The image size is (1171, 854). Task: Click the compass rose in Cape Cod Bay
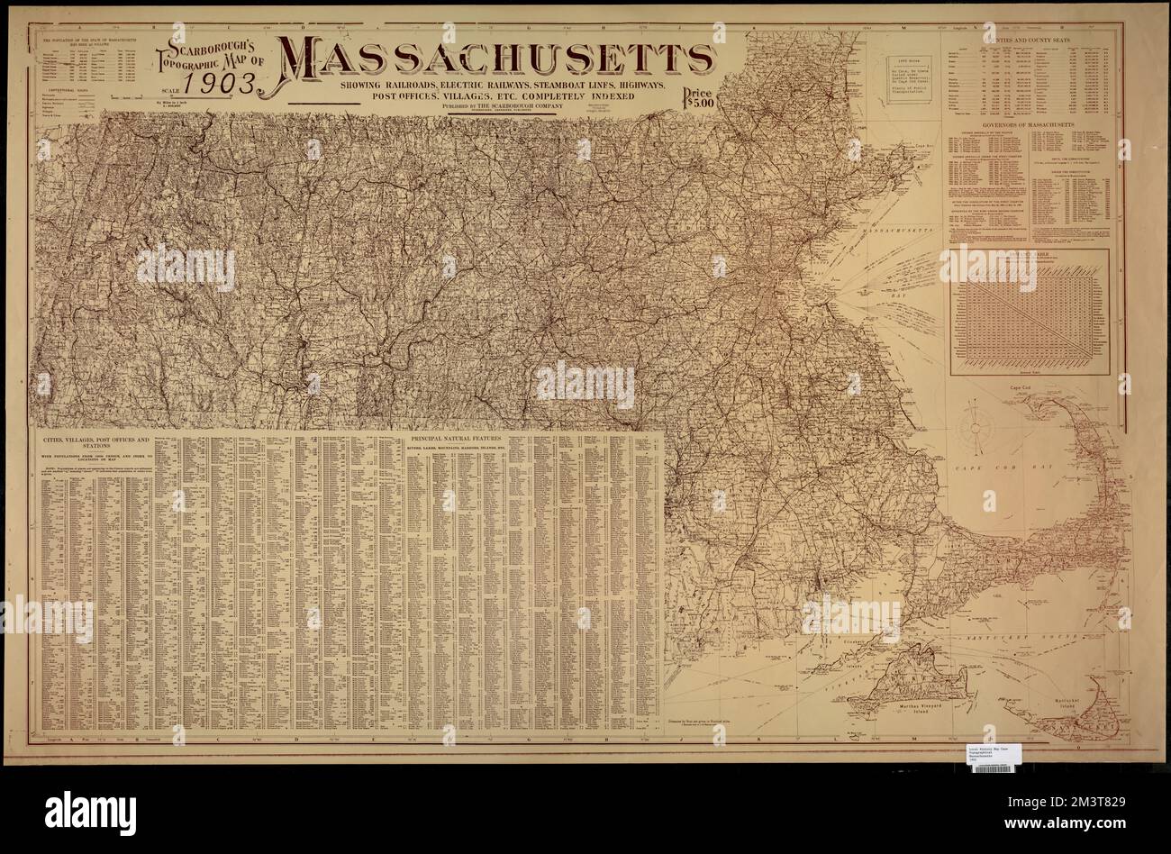[x=976, y=426]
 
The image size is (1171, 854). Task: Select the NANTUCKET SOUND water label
[x=1007, y=639]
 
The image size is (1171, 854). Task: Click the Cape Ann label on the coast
[x=919, y=145]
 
